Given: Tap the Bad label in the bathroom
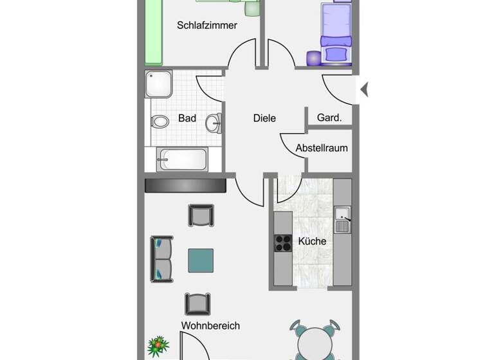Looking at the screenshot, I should pos(187,118).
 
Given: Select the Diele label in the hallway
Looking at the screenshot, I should pos(264,118).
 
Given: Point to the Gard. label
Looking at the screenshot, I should pos(329,118).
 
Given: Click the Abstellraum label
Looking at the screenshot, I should pos(322,148).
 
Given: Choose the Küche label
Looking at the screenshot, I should pos(312,242).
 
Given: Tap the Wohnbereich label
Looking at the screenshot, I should pos(210,326).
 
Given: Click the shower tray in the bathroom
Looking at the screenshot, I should pos(159,84).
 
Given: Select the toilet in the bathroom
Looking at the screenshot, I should pos(160,121).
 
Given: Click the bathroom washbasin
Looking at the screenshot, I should pos(215,121).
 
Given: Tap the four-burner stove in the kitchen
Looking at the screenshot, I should pos(283,242).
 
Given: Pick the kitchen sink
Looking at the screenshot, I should pos(342,219).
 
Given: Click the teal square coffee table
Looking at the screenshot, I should pos(201,260).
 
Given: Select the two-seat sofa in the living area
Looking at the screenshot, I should pos(161,259).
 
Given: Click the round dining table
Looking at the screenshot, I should pos(315,345).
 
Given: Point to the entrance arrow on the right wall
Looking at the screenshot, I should pos(364,89).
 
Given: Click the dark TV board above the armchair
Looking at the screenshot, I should pos(186,186).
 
